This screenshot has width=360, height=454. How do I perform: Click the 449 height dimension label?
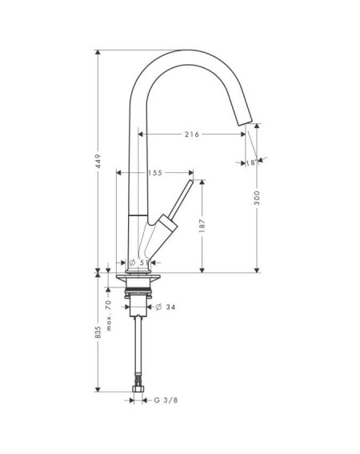click(x=98, y=161)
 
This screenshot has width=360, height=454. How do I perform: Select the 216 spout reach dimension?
click(x=192, y=135)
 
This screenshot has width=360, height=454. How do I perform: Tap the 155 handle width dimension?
click(x=155, y=173)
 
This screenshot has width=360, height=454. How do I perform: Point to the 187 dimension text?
click(x=202, y=226)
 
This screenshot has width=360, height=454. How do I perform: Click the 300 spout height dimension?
click(x=257, y=198)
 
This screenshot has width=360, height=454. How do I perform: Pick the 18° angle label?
click(x=251, y=163)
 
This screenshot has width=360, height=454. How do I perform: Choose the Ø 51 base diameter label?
click(x=139, y=263)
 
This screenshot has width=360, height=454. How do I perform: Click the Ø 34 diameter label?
click(x=166, y=307)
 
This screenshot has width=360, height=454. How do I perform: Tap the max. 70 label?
click(x=109, y=315)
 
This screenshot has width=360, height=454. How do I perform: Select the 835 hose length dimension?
click(x=98, y=332)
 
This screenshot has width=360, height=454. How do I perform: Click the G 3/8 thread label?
click(x=166, y=400)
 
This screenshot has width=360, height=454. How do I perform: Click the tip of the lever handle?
click(x=191, y=181)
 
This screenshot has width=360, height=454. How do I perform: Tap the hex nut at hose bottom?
click(x=138, y=388)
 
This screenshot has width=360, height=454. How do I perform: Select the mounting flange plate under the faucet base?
click(x=138, y=277)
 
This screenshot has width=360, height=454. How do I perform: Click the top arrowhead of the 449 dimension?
click(x=98, y=52)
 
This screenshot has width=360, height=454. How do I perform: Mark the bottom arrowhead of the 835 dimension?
click(x=98, y=389)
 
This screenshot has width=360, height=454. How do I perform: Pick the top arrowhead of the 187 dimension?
click(x=202, y=182)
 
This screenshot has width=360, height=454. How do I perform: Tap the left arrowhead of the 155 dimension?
click(x=118, y=173)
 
